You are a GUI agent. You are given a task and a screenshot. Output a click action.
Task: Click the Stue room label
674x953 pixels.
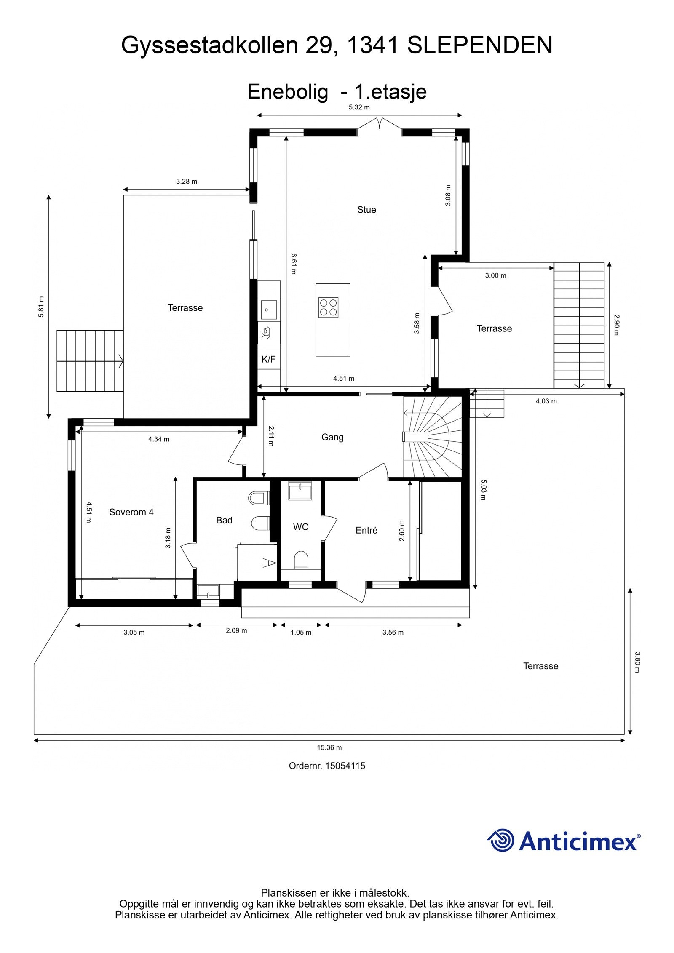(x=366, y=209)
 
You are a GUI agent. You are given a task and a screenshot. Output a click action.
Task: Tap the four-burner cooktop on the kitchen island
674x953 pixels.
(x=328, y=307)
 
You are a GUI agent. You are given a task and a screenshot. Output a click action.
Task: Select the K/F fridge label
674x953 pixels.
(x=268, y=359)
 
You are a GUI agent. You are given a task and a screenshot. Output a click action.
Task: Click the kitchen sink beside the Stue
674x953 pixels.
(x=268, y=310)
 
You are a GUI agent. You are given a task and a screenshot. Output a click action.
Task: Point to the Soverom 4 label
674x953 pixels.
(x=131, y=512)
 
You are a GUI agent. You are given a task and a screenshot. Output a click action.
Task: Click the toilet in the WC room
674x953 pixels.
(x=301, y=560)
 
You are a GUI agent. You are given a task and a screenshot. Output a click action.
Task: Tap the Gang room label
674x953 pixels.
(x=332, y=437)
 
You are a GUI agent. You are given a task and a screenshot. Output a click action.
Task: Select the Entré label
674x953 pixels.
(x=366, y=530)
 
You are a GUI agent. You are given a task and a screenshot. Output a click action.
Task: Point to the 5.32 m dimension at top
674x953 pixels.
(x=359, y=107)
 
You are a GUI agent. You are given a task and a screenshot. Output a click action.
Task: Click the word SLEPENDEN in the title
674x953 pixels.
(x=479, y=45)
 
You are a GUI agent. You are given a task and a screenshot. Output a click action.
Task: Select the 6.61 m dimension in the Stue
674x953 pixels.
(x=294, y=263)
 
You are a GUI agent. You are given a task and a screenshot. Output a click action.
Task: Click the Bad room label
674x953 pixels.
(x=224, y=520)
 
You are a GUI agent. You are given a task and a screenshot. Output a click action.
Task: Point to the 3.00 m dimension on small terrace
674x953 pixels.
(x=495, y=275)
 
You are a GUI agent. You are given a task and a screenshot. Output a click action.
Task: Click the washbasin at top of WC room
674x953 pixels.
(x=300, y=491)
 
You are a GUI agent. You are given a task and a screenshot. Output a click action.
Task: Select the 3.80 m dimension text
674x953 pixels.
(x=637, y=662)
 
